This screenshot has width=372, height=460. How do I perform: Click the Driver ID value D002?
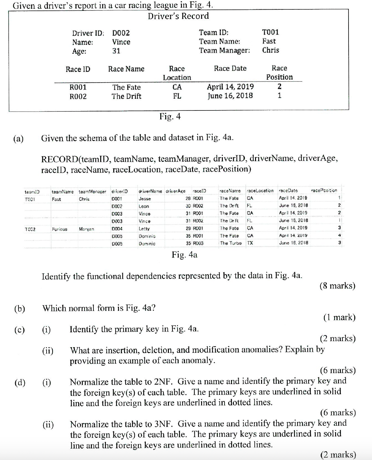point(121,33)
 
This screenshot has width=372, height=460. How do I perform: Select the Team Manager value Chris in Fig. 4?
point(270,50)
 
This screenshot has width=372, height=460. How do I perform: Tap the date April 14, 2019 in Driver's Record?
point(230,87)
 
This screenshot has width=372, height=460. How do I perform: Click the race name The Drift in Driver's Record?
point(126,96)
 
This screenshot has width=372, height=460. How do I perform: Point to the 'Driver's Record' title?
point(178,16)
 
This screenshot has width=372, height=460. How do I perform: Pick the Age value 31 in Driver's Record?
point(116,51)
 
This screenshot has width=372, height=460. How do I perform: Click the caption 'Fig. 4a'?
point(184,255)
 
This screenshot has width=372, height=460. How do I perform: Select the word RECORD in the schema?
point(59,158)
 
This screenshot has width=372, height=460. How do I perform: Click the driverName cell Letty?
point(144,229)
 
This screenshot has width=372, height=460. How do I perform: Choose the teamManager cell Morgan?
point(86,229)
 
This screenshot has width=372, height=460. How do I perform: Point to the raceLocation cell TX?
point(250,243)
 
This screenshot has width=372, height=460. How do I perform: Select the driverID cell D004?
point(117,229)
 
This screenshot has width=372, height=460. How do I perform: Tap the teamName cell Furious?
point(59,229)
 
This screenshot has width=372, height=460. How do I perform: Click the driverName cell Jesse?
point(144,199)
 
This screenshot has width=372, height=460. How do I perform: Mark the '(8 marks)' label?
point(337,286)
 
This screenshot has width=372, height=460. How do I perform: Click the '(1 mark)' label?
point(339,317)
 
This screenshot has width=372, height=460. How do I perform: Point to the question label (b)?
point(19,309)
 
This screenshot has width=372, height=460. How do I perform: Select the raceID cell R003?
point(198,243)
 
